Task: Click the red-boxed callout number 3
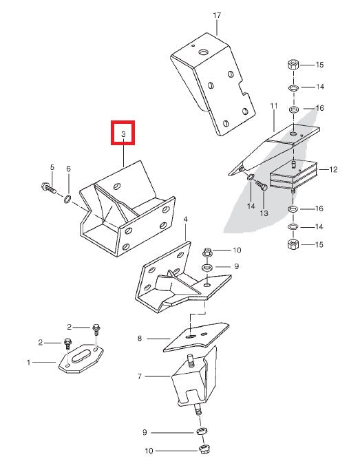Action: (x=123, y=134)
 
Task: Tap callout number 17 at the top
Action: (x=217, y=15)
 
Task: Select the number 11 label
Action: (x=274, y=106)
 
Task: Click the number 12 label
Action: (x=333, y=170)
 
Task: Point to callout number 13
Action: (x=264, y=213)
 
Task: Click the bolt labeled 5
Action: (x=49, y=188)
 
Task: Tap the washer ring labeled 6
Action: (x=68, y=198)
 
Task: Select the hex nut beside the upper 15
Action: (x=293, y=65)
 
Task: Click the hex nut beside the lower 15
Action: (x=293, y=244)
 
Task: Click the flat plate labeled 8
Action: (x=197, y=337)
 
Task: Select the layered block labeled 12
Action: (x=294, y=175)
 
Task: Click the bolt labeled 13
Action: (x=262, y=186)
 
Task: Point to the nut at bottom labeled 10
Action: (x=204, y=449)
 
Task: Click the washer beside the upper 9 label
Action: (x=207, y=266)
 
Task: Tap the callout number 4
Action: (x=186, y=220)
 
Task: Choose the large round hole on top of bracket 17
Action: (x=204, y=53)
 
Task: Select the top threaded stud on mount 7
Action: (x=190, y=360)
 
